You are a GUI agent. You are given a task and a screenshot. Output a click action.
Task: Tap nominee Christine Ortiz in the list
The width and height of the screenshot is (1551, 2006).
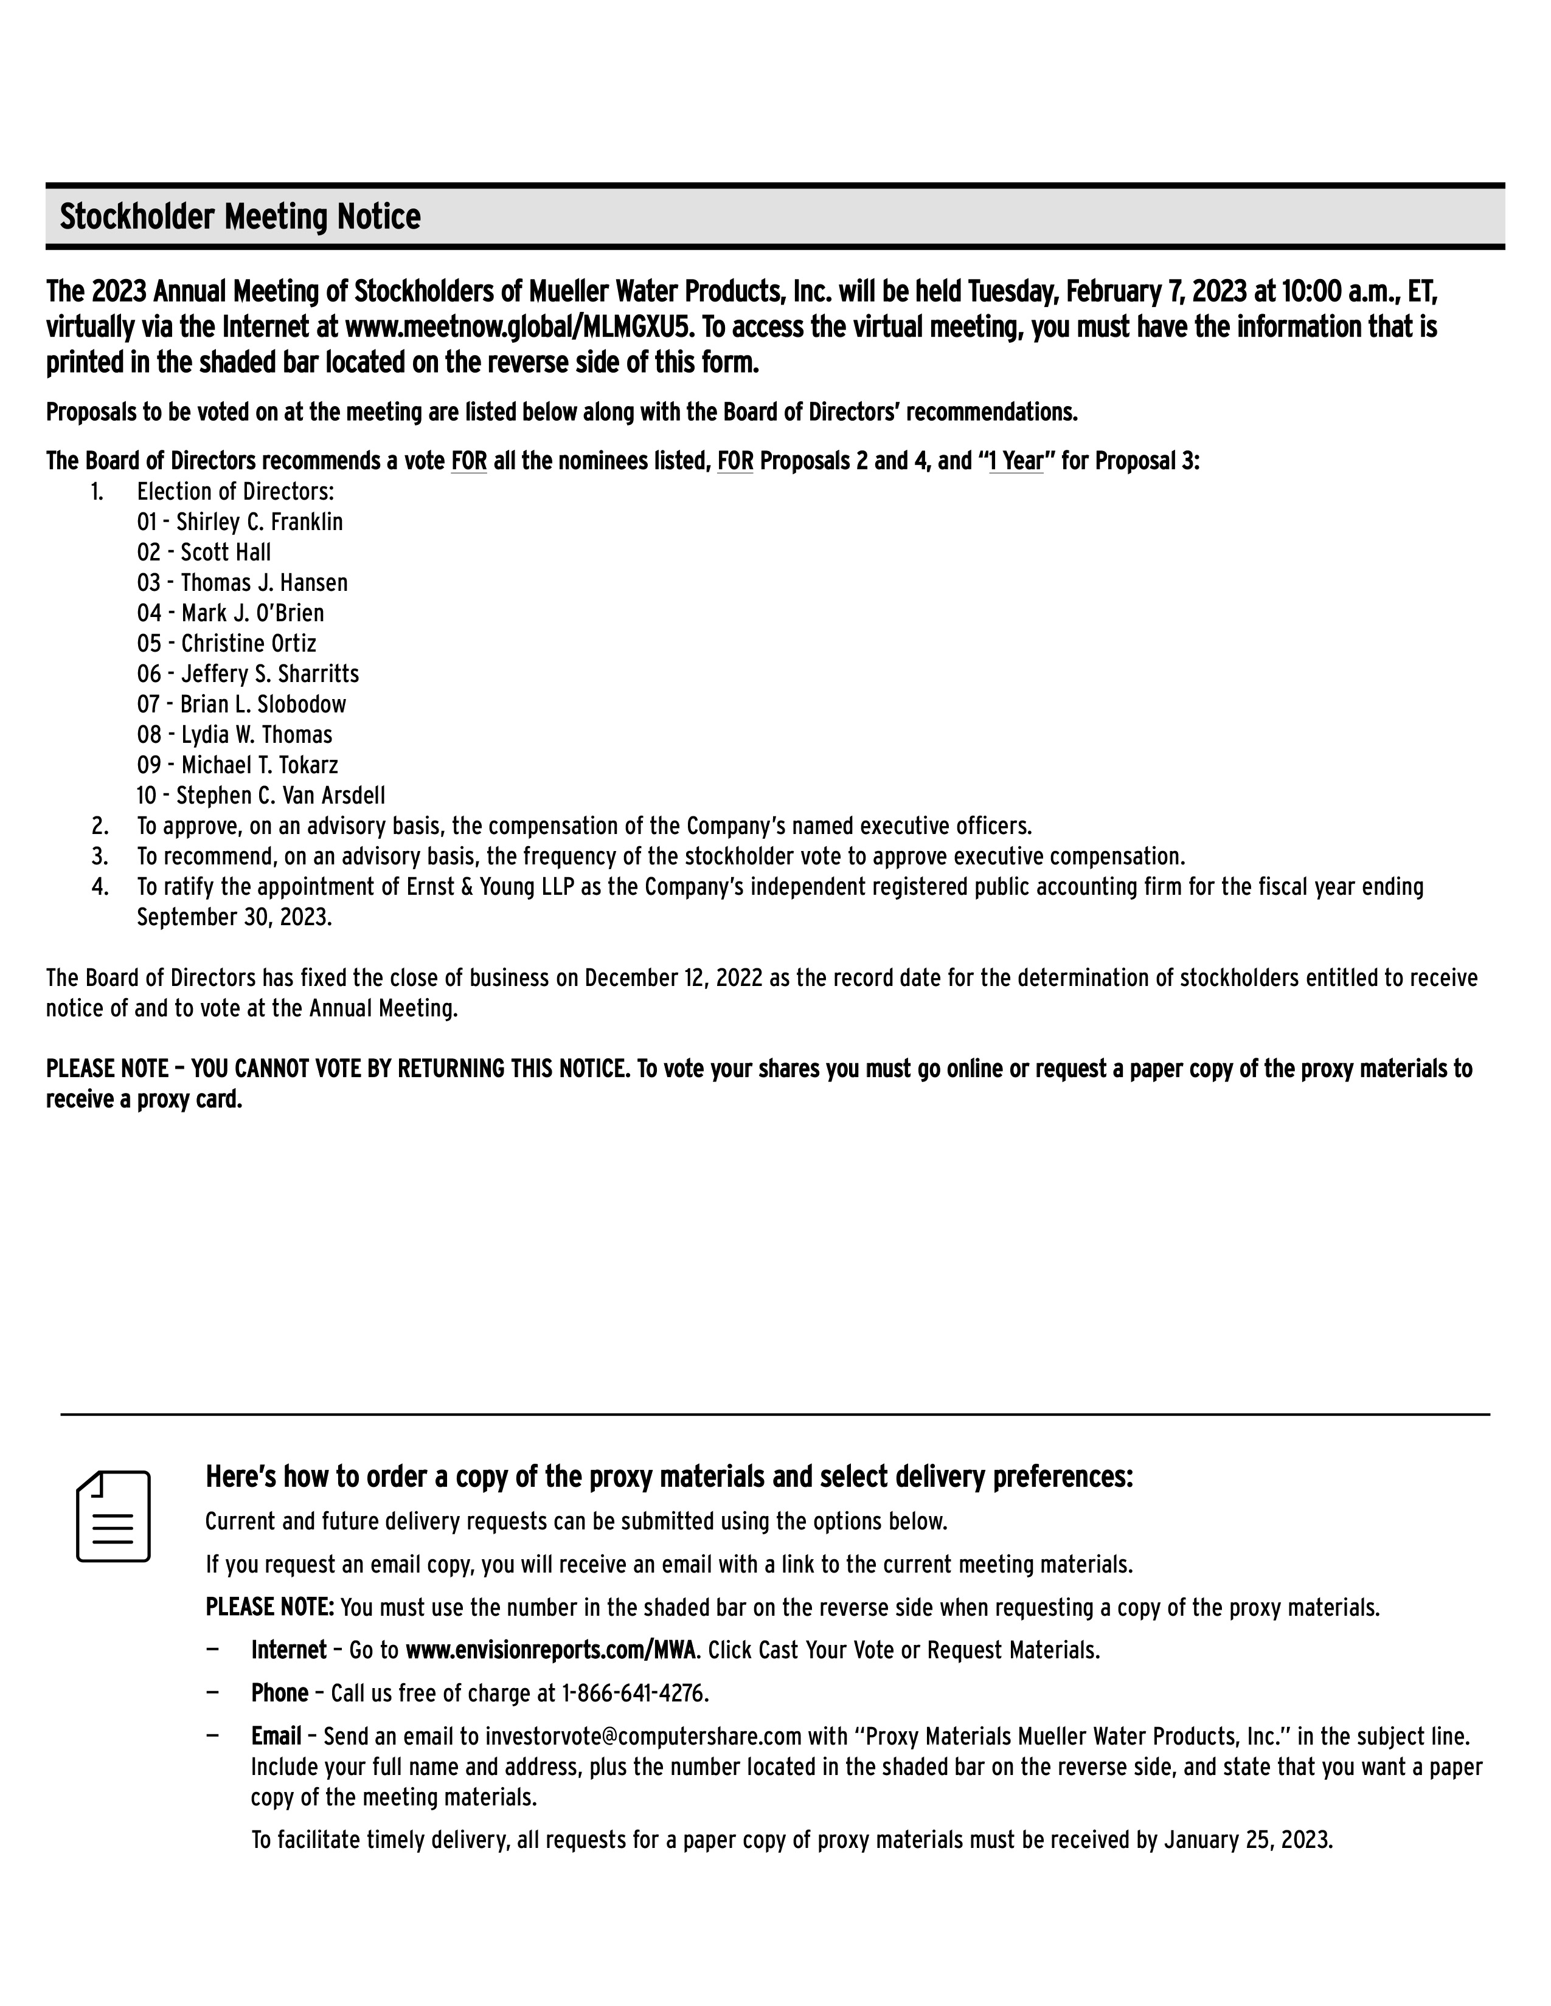(248, 644)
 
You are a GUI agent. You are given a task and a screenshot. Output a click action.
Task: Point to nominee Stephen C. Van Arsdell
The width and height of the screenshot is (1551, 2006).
(280, 796)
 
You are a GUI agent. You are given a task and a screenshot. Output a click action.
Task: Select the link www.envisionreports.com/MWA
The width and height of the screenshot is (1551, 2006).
(549, 1650)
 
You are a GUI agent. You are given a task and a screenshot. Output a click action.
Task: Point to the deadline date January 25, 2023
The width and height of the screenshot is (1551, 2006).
(1247, 1840)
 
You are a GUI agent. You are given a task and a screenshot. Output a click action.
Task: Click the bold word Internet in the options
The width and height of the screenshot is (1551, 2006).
(288, 1650)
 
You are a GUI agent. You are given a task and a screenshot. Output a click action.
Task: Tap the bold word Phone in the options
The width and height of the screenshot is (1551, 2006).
(279, 1693)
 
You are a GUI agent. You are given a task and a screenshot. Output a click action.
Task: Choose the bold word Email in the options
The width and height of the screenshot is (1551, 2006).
(276, 1736)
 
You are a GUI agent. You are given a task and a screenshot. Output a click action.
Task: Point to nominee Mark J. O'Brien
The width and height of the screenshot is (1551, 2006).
(252, 613)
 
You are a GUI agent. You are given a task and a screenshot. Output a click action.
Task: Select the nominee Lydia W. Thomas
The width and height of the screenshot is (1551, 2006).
(256, 735)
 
